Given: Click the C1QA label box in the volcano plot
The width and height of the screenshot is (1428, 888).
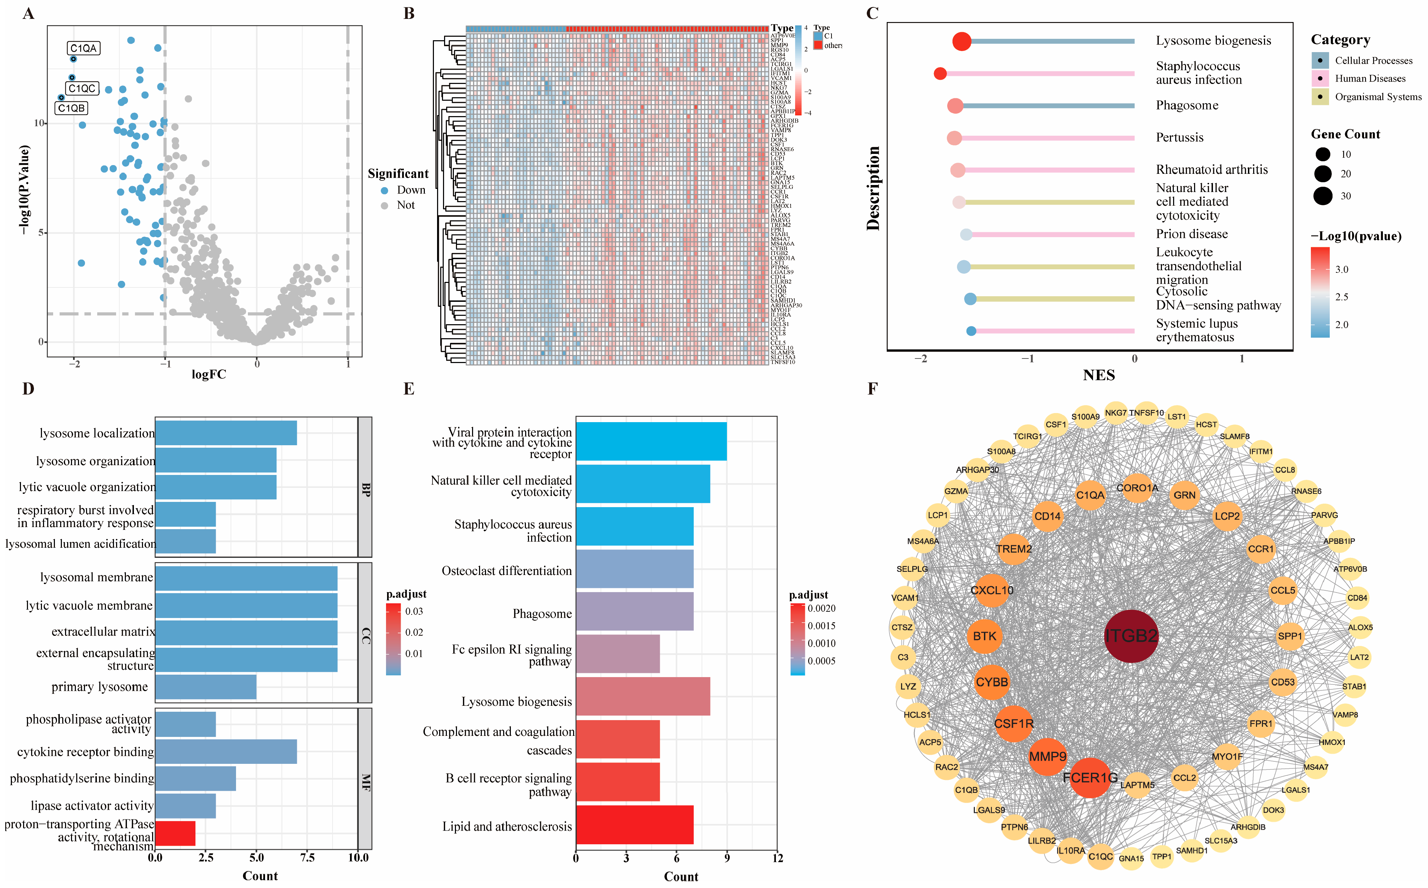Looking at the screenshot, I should [83, 48].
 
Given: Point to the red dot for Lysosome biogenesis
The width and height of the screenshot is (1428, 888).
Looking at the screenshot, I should [962, 41].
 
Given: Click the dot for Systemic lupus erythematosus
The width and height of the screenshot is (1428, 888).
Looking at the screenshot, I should [971, 331].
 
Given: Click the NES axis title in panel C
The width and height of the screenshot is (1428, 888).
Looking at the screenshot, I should [1099, 375].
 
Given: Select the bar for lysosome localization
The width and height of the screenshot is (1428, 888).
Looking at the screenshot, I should [226, 433].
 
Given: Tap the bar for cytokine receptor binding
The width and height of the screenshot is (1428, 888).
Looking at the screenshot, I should [226, 752].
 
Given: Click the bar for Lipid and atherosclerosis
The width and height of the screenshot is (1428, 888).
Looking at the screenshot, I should [634, 825].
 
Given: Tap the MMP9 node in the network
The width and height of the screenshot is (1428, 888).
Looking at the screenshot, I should [1048, 756].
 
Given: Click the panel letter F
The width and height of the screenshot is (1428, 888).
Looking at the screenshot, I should [872, 389].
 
